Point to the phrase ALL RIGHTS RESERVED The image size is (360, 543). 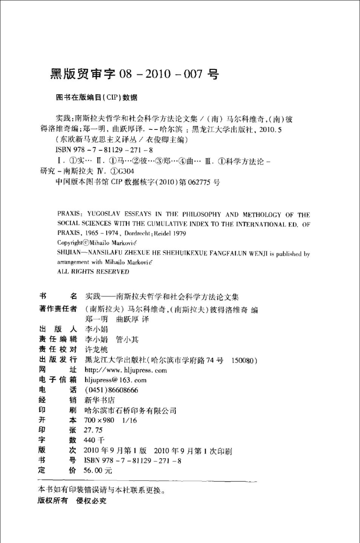[x=93, y=272]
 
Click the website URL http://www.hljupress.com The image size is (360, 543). [x=125, y=370]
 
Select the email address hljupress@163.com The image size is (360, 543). [x=115, y=380]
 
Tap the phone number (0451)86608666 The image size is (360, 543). [x=111, y=390]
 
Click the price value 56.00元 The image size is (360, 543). [x=98, y=471]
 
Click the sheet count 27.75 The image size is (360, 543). [x=93, y=430]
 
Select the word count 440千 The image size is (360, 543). [x=94, y=440]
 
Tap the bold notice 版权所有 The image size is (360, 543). [x=53, y=501]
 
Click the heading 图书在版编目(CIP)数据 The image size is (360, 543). [x=97, y=98]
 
